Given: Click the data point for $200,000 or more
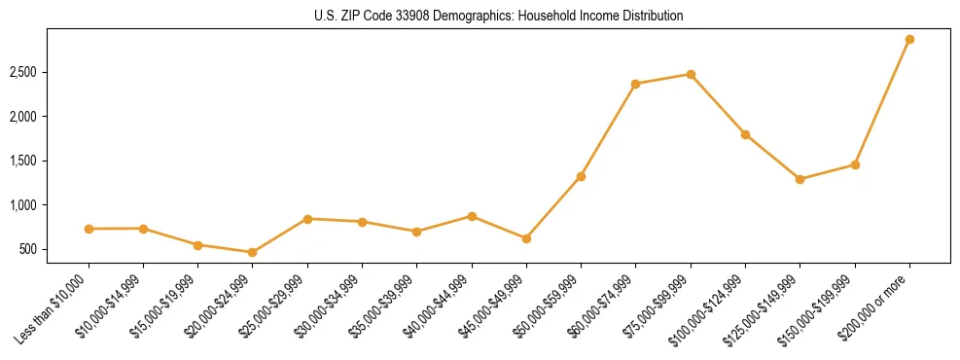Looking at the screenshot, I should pyautogui.click(x=909, y=39).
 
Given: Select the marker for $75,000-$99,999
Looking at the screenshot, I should pyautogui.click(x=691, y=74).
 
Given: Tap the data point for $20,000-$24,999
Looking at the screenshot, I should pyautogui.click(x=253, y=252).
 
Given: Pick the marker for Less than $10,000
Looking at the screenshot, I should pyautogui.click(x=89, y=229).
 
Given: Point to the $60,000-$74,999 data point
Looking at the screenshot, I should pyautogui.click(x=635, y=84).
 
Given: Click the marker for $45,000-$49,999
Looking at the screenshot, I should pyautogui.click(x=526, y=238).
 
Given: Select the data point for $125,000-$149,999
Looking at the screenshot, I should pyautogui.click(x=800, y=179).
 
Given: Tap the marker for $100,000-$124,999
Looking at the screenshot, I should pyautogui.click(x=745, y=134).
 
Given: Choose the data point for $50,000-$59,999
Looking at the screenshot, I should pyautogui.click(x=581, y=176).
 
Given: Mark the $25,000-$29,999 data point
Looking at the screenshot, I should pyautogui.click(x=307, y=219).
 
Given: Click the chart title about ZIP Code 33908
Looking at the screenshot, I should pyautogui.click(x=498, y=16).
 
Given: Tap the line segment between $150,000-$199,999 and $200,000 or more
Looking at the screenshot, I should pyautogui.click(x=882, y=102).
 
